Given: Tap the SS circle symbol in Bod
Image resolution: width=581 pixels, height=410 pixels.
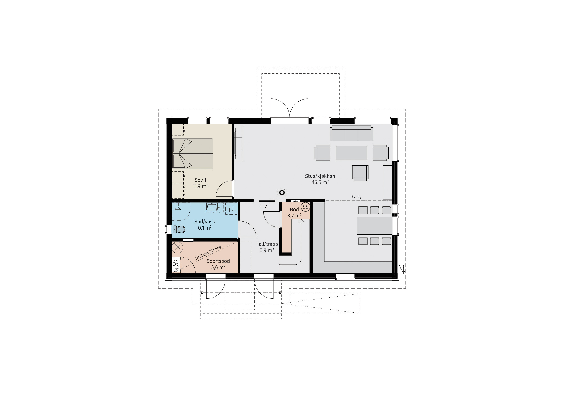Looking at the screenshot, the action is point(305,207).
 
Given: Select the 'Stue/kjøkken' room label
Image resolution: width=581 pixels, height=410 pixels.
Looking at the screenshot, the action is point(320,176).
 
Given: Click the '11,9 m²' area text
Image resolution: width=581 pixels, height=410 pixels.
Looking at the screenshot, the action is point(200,186).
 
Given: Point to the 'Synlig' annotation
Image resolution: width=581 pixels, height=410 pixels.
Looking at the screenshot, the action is point(356,197).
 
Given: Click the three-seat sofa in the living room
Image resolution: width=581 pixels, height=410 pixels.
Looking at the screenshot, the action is point(351,133).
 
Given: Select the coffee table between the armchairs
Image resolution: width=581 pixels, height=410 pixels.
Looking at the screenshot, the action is point(351,153).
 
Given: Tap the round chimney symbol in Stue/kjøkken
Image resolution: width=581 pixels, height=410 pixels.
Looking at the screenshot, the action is point(282,193).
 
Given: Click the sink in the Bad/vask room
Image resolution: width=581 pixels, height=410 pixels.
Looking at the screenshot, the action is point(212,207).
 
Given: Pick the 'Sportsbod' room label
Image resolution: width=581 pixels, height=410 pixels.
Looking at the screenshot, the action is point(218,261).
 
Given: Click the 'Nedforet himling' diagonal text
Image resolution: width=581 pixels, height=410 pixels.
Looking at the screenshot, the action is point(208,252).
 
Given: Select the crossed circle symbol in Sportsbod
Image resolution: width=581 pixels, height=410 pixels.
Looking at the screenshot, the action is point(177,247).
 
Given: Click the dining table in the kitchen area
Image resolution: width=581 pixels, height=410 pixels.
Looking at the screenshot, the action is point(374,226).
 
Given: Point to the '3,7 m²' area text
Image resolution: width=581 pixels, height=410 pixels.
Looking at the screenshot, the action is point(294,216).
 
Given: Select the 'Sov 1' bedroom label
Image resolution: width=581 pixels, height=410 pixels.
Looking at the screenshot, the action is point(200,180).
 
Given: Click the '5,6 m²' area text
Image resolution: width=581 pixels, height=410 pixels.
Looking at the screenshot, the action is point(218,267).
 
